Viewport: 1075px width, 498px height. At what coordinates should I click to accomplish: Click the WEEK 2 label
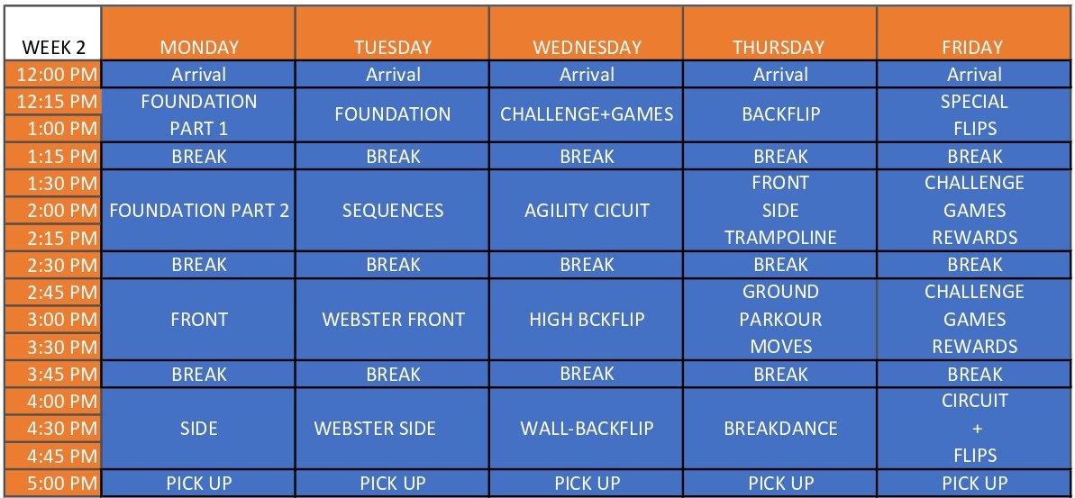pos(53,47)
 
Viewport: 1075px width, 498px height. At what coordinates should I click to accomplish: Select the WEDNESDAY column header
pos(587,47)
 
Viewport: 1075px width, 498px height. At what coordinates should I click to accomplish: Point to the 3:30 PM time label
pos(61,347)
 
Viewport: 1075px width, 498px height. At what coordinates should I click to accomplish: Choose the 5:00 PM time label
pos(61,483)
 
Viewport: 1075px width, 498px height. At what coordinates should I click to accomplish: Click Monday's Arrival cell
pos(199,74)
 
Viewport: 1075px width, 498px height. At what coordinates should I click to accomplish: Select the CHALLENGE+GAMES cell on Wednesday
pos(587,114)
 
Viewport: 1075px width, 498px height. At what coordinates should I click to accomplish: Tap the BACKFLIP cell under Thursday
pos(781,114)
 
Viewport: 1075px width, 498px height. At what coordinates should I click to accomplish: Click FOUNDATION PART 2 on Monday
pos(199,211)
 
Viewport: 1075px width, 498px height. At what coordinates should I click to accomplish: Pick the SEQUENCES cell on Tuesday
pos(393,211)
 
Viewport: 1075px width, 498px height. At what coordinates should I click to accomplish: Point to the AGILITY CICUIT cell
pos(587,211)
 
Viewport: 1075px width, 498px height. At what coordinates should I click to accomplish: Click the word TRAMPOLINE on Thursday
pos(781,238)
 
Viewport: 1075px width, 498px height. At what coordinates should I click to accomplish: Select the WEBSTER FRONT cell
pos(393,319)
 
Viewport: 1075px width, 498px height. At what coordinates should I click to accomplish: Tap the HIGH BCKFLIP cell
pos(587,319)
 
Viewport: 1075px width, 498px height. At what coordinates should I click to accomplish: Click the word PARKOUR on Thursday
pos(781,319)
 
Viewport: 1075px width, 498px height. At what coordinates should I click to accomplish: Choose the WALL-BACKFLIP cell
pos(587,429)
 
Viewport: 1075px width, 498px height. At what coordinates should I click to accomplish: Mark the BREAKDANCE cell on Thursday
pos(781,429)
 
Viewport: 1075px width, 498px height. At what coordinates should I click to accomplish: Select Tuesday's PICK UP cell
pos(393,483)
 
